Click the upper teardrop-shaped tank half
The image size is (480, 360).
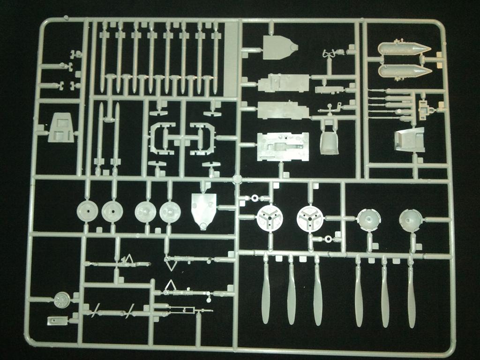(403, 48)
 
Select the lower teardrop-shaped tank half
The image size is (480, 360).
(403, 71)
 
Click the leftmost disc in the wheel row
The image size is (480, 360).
(87, 212)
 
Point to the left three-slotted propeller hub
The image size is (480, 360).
(270, 218)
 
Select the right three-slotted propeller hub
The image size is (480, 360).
(310, 218)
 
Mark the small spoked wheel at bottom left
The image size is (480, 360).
(61, 300)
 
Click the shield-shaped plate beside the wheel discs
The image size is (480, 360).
(204, 210)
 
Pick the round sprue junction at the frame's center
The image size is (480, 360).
(237, 179)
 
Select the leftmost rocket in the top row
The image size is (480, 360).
(104, 56)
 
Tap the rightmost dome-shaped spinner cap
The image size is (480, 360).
(410, 219)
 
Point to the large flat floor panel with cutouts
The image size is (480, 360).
(283, 147)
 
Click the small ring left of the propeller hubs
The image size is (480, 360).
(255, 198)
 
